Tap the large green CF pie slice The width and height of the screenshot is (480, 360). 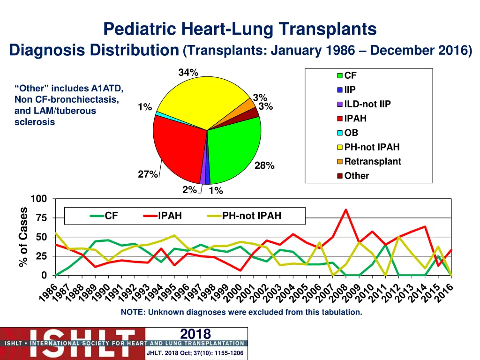[x=234, y=150]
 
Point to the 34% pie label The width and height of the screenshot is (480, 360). [x=188, y=73]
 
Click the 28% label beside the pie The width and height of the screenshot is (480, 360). [x=264, y=165]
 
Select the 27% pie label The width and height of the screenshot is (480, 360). [x=148, y=174]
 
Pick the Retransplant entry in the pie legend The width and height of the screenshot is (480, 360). [x=373, y=162]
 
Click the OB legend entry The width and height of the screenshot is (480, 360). [x=351, y=133]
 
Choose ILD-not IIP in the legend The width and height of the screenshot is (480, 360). [x=367, y=104]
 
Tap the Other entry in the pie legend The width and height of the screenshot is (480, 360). [x=356, y=176]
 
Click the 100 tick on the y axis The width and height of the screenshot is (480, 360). [x=39, y=199]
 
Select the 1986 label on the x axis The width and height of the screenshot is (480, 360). [x=49, y=293]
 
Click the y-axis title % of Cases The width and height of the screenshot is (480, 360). [x=23, y=238]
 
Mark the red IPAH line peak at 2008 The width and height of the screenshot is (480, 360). [x=346, y=210]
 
